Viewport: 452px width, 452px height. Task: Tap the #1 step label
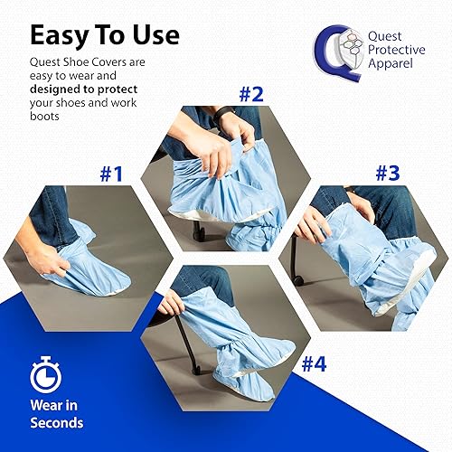(x=110, y=174)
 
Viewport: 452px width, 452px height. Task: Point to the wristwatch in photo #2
(x=225, y=113)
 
